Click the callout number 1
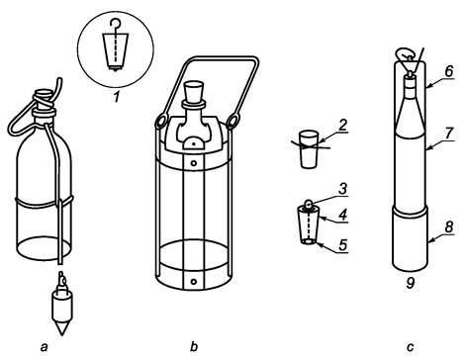coord(116,97)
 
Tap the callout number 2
coord(343,126)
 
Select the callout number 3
coord(343,189)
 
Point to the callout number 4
coord(343,215)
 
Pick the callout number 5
coord(343,245)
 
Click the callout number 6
coord(449,72)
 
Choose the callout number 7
coord(449,134)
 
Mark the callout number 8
coord(449,226)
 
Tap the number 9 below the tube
coord(411,283)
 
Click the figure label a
coord(44,347)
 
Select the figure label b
coord(194,346)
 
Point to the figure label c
coord(411,347)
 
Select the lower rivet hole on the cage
coord(194,282)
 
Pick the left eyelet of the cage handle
coord(162,121)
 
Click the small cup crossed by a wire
coord(309,150)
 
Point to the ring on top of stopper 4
coord(308,205)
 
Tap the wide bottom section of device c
coord(410,237)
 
